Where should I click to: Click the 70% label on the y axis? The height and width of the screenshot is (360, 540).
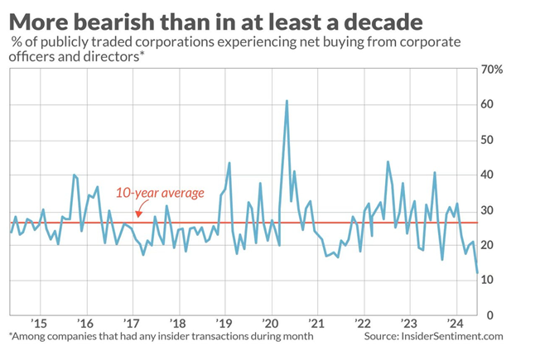click(x=491, y=70)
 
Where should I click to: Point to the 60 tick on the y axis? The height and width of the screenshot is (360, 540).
click(x=488, y=104)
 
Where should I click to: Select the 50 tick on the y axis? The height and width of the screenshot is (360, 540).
click(x=488, y=140)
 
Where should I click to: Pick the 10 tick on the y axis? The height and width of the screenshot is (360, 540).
click(x=488, y=280)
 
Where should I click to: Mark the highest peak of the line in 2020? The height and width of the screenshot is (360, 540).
click(x=287, y=101)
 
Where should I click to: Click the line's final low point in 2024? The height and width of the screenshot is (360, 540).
click(x=478, y=272)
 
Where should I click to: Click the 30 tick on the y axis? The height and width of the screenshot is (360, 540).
click(x=488, y=210)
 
